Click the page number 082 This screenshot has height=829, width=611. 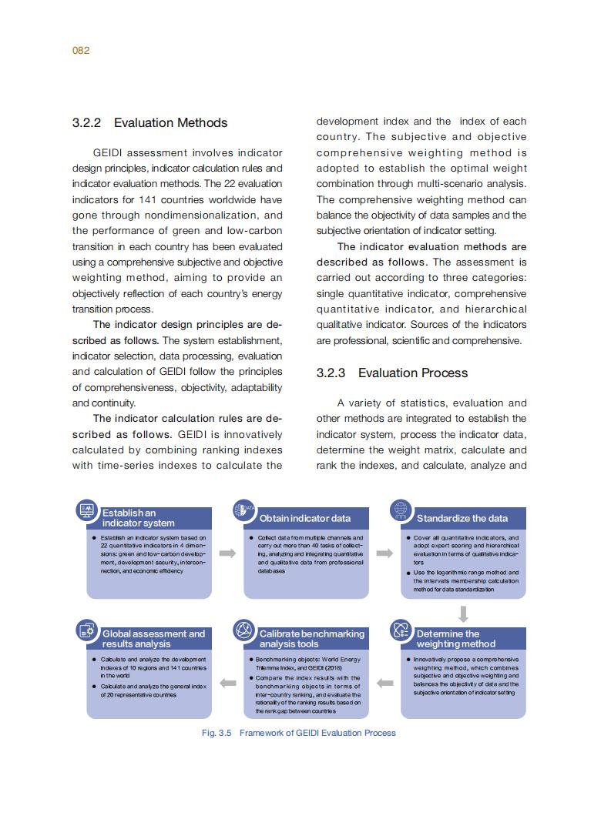(81, 51)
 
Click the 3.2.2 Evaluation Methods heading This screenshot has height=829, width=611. (149, 123)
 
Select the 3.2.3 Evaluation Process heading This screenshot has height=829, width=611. (392, 373)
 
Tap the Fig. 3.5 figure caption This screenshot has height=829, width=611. (298, 733)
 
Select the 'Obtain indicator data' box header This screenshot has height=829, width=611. (304, 518)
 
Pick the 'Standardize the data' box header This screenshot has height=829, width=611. (462, 518)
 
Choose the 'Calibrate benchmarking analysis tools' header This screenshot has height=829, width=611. (311, 639)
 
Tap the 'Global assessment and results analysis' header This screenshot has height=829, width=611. (154, 639)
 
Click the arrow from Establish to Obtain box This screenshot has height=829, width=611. (227, 553)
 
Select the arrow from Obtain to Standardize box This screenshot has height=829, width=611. (385, 553)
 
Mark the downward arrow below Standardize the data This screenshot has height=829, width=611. (463, 613)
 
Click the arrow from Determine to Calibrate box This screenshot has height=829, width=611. (385, 682)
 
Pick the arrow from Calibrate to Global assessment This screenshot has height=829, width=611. (227, 682)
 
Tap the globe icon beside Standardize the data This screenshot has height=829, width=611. (401, 510)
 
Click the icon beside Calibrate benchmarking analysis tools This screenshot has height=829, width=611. (244, 630)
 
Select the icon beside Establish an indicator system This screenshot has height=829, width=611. (86, 510)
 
